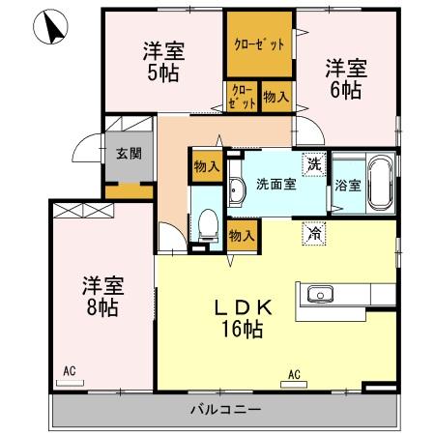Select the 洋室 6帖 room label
(x=344, y=78)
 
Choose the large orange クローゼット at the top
(x=259, y=44)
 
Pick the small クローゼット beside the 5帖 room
(x=243, y=98)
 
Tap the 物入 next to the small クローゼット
(x=275, y=98)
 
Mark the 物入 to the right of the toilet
(x=241, y=234)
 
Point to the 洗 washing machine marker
(x=313, y=164)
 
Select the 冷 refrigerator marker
(x=313, y=232)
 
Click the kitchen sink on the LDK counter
(x=319, y=295)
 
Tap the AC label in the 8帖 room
(x=69, y=371)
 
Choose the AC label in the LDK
(x=293, y=372)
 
